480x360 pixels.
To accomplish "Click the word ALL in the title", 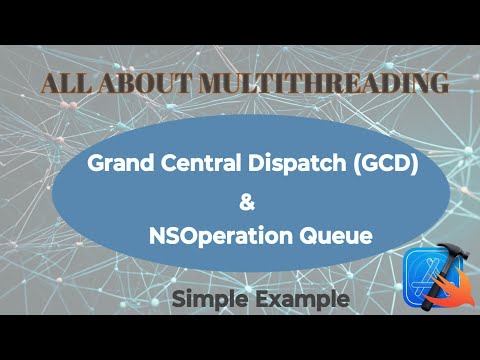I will tap(62, 84).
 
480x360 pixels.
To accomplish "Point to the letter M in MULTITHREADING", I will tap(184, 84).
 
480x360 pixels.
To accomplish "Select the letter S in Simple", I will tap(178, 298).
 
